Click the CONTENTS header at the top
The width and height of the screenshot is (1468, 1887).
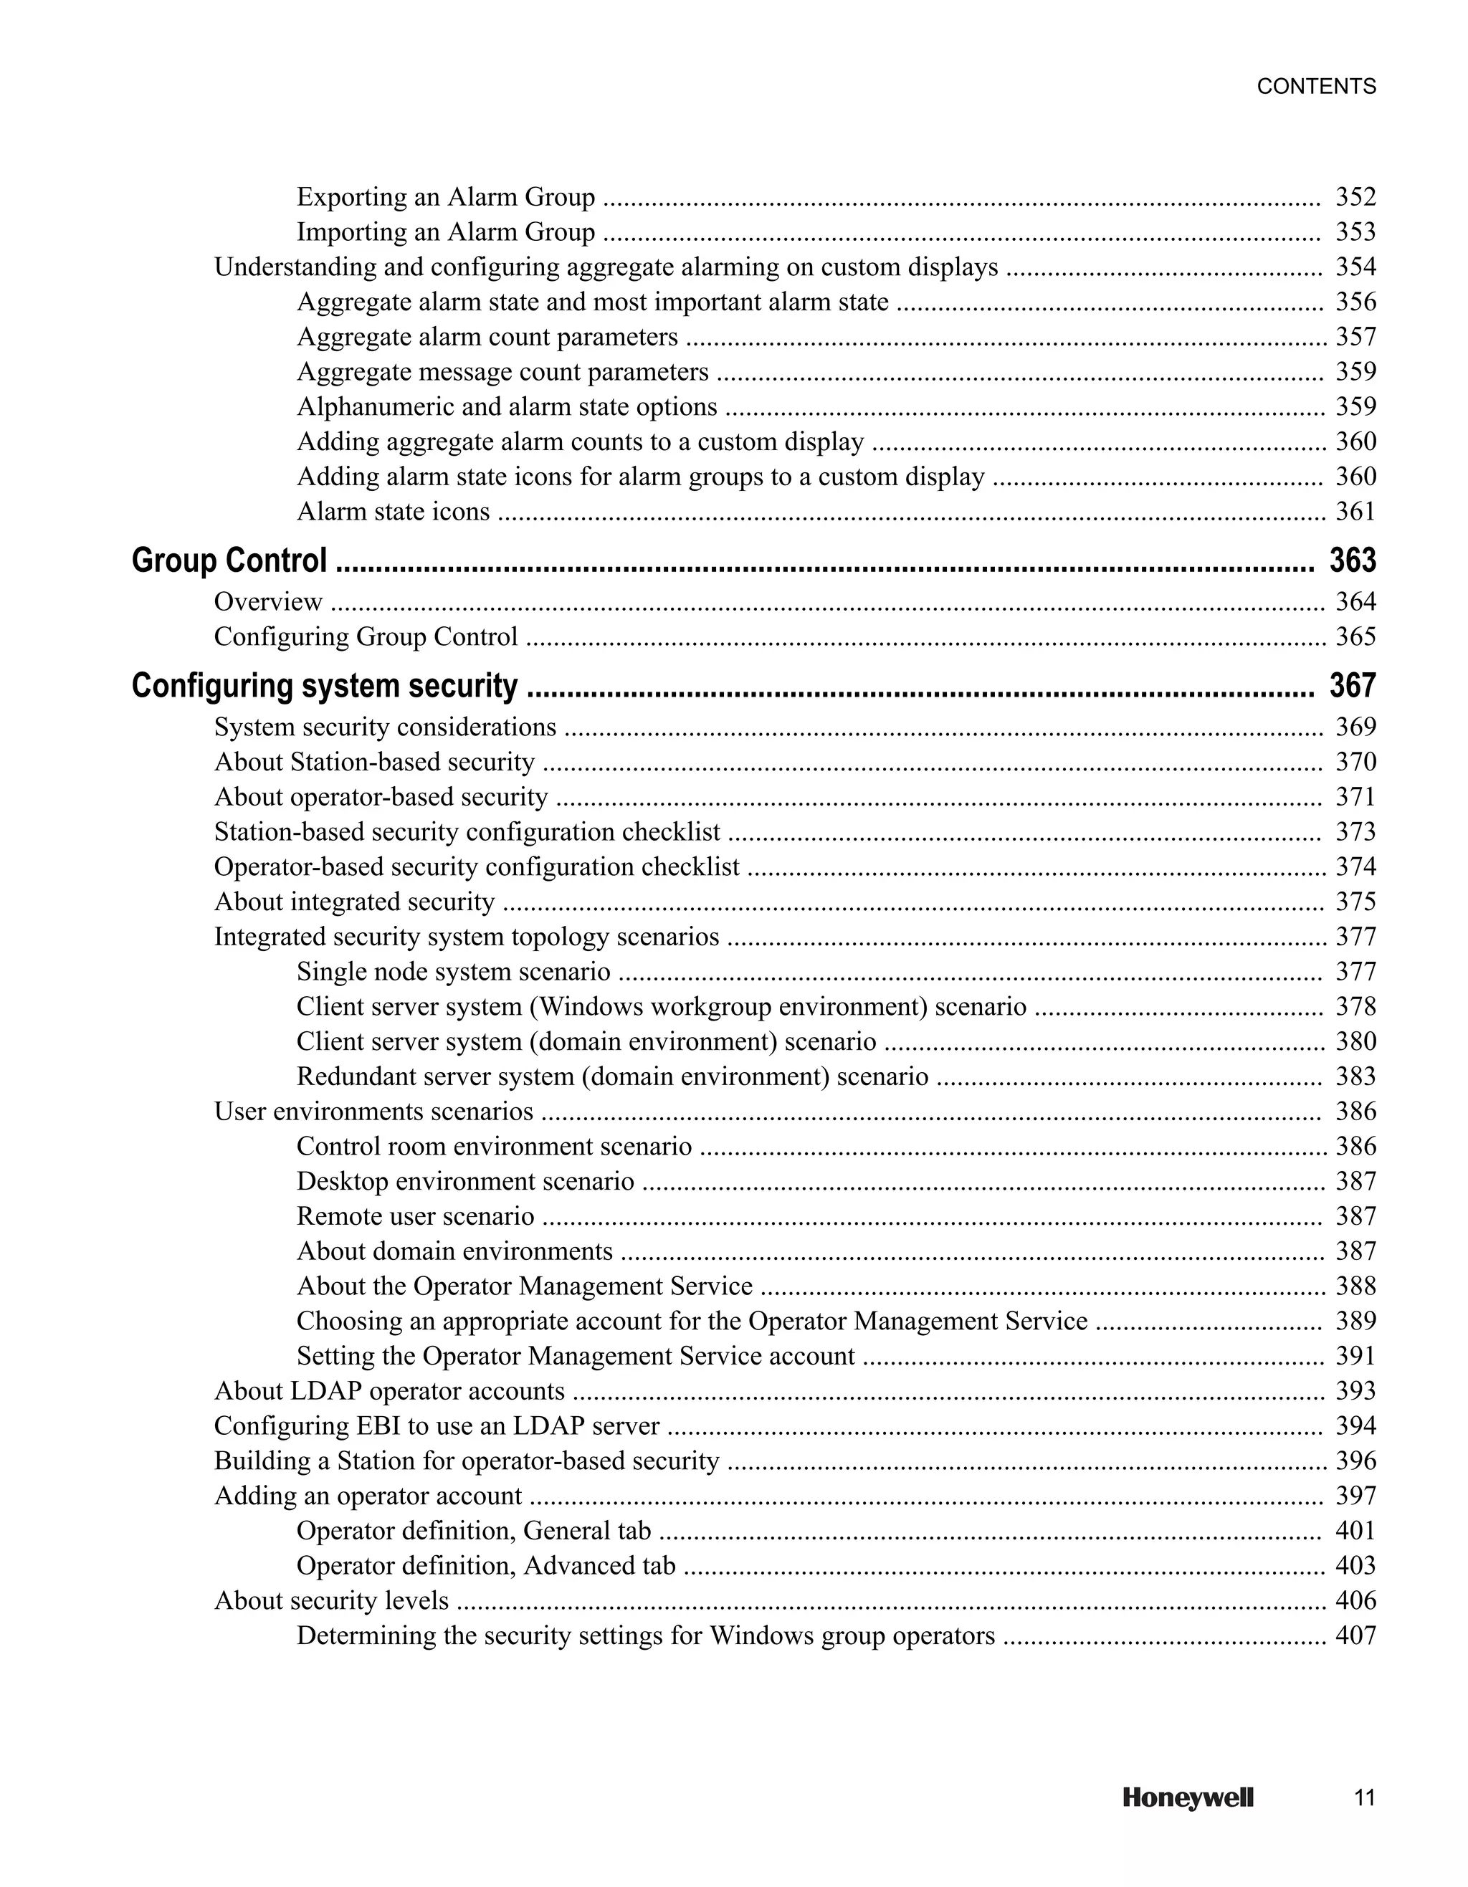tap(1316, 87)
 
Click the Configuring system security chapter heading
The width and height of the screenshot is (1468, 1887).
tap(325, 686)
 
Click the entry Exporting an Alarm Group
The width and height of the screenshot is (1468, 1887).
tap(446, 197)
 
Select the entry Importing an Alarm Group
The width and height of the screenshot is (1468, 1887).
tap(446, 232)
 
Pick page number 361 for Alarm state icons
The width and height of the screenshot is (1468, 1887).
tap(1355, 512)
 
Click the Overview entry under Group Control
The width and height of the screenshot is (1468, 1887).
tap(268, 601)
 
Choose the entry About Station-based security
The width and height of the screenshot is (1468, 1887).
tap(374, 762)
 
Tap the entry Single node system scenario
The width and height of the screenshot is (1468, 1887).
tap(454, 972)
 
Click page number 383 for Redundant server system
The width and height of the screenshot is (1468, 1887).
tap(1355, 1076)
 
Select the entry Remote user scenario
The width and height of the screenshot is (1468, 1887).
tap(416, 1216)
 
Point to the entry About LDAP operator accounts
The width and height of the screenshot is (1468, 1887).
tap(389, 1391)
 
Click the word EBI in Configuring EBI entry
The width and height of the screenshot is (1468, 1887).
tap(377, 1425)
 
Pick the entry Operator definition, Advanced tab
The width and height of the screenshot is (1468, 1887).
tap(485, 1566)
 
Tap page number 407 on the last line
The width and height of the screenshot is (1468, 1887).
tap(1355, 1635)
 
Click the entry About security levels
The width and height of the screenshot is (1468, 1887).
tap(331, 1600)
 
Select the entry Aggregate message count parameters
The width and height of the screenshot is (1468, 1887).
tap(503, 371)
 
